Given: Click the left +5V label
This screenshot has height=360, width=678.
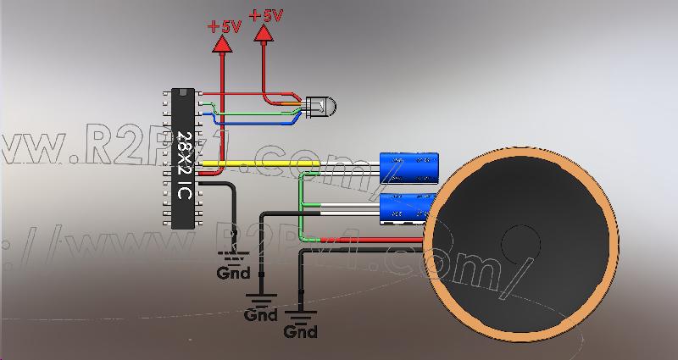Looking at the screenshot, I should [x=224, y=26].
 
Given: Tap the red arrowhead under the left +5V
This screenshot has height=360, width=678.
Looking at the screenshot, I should [x=224, y=46].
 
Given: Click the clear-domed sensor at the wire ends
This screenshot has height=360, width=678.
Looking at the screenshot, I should [x=320, y=107].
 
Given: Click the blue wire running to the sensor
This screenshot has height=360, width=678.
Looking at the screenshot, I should [x=254, y=122].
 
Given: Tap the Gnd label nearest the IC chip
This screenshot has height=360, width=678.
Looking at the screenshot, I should [x=233, y=274].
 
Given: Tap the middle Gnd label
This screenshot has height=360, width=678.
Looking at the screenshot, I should [x=260, y=315].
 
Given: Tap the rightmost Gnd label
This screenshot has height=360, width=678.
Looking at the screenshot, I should [x=301, y=332].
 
